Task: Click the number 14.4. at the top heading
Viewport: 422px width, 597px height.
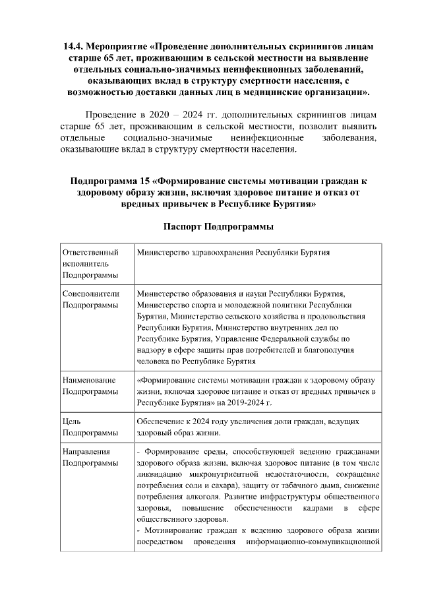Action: pyautogui.click(x=75, y=47)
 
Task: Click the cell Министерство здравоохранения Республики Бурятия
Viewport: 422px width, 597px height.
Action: pyautogui.click(x=233, y=253)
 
